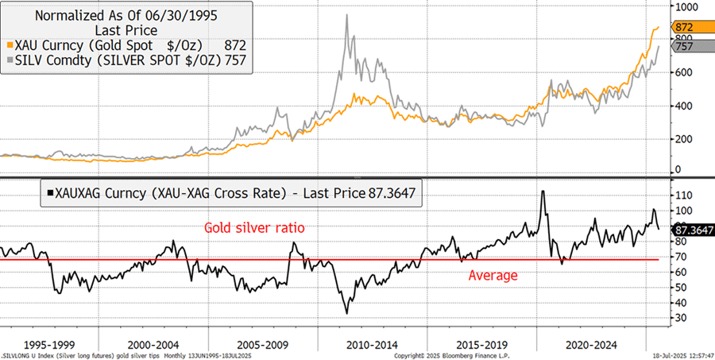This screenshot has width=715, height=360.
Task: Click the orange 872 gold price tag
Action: [x=686, y=28]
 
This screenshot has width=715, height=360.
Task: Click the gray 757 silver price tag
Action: [x=686, y=47]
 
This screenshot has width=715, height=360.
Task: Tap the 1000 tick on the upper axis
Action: [x=685, y=6]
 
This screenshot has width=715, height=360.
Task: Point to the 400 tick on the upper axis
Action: [x=683, y=106]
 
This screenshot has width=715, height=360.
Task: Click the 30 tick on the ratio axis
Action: [x=681, y=317]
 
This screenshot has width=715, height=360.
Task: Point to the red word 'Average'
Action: [x=493, y=275]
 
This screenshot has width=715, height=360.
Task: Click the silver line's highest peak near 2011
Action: [x=347, y=16]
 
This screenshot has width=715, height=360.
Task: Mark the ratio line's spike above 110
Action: [x=543, y=192]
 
